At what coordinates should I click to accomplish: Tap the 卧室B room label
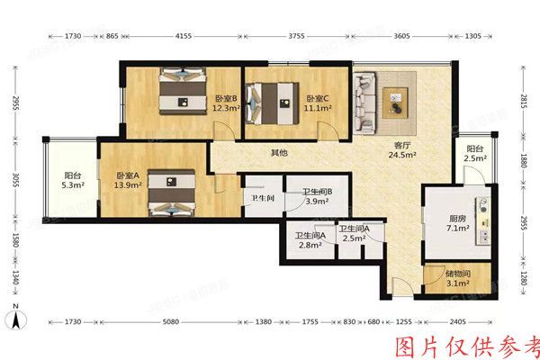224,103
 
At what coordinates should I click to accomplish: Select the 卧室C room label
317,103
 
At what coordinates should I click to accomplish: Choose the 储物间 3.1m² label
458,280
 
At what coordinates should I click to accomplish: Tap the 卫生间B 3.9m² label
318,196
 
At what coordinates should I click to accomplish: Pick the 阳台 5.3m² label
74,181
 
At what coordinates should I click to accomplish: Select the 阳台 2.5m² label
475,155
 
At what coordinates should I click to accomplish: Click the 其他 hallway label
280,153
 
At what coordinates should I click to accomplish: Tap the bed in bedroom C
274,102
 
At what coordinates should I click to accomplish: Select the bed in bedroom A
171,194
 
